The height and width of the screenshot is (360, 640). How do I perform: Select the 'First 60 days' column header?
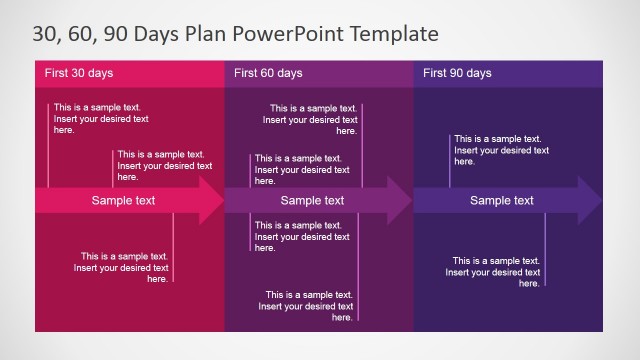click(268, 73)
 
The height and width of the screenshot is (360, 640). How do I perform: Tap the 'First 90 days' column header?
click(457, 73)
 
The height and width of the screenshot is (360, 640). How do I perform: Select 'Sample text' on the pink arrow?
click(123, 201)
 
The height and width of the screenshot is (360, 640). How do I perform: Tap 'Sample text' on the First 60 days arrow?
click(312, 201)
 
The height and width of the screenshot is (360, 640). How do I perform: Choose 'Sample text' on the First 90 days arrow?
click(502, 201)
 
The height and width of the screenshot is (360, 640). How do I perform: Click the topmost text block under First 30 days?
click(101, 118)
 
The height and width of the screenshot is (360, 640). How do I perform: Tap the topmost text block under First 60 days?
click(310, 118)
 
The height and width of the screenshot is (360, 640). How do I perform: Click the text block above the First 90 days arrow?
click(501, 150)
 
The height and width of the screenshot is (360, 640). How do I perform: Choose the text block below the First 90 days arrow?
click(493, 272)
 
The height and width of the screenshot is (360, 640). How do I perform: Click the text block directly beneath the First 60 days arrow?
click(302, 237)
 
